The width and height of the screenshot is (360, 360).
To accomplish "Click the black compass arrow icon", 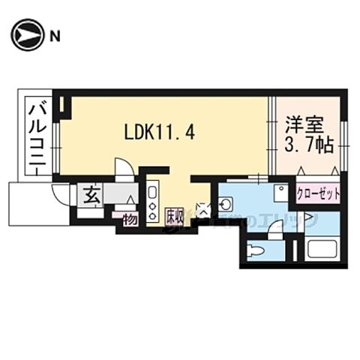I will tap(27, 35).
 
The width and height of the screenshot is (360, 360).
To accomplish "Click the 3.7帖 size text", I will tap(307, 145).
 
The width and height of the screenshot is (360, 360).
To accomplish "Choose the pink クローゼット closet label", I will tap(318, 193).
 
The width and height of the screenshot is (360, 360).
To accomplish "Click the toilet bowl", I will tap(257, 248).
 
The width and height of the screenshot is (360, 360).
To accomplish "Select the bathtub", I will tap(322, 247).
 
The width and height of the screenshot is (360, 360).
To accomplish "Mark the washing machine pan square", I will tap(280, 192).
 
